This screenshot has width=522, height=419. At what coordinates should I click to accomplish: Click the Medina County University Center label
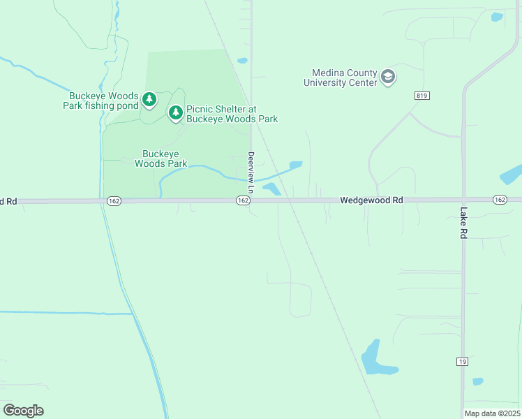click(x=341, y=78)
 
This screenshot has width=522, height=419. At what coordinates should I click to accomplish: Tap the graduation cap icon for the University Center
click(x=389, y=77)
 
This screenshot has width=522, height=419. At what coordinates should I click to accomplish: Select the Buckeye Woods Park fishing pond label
click(x=105, y=101)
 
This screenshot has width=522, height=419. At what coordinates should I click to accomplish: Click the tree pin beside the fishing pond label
click(x=149, y=100)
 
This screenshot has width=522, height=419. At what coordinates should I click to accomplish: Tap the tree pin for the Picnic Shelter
click(x=175, y=112)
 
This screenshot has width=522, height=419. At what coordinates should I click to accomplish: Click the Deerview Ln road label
click(x=251, y=172)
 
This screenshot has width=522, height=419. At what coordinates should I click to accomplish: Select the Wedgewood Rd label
click(x=372, y=200)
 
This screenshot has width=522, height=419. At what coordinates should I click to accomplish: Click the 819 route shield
click(x=421, y=96)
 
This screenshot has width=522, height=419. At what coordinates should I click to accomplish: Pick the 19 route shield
click(x=463, y=361)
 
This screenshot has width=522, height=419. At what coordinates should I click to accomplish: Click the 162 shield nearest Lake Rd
click(x=500, y=200)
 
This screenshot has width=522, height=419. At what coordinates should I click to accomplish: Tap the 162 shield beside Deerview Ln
click(x=242, y=200)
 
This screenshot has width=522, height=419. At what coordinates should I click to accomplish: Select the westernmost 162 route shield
click(x=114, y=200)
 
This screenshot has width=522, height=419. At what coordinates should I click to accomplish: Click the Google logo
click(x=23, y=411)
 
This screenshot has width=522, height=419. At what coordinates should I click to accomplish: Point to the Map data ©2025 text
click(x=492, y=413)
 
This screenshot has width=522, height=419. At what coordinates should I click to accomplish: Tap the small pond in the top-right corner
click(x=496, y=17)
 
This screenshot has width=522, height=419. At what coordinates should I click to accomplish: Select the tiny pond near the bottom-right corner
click(x=477, y=382)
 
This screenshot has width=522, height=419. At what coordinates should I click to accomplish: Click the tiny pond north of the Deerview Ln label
click(x=242, y=61)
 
